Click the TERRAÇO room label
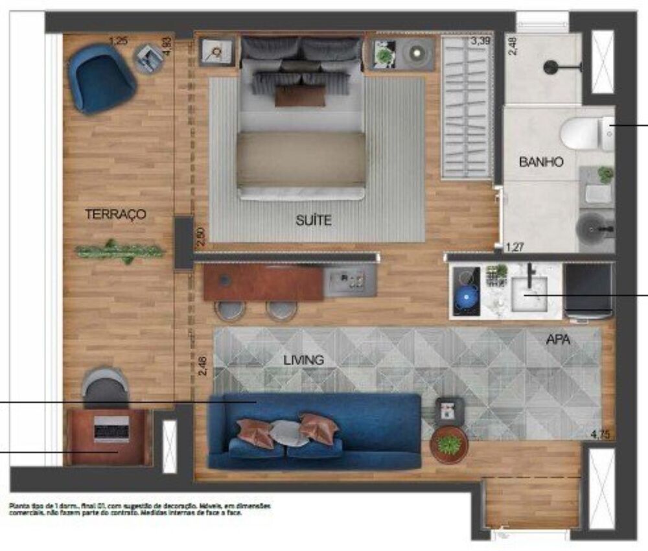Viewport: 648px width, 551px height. [x=115, y=214]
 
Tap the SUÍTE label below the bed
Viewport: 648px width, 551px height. [x=314, y=220]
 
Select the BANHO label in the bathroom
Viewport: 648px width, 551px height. [x=541, y=162]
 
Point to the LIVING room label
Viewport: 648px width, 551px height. [x=303, y=360]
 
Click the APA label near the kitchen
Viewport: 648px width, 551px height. [x=558, y=339]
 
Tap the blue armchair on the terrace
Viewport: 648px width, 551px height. [x=102, y=78]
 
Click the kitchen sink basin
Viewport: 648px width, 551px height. [x=530, y=293]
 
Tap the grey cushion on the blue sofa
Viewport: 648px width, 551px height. [x=288, y=432]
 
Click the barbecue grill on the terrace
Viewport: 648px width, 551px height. [x=110, y=428]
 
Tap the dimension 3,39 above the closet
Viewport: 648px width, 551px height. [x=481, y=42]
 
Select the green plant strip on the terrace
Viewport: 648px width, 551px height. [x=119, y=250]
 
